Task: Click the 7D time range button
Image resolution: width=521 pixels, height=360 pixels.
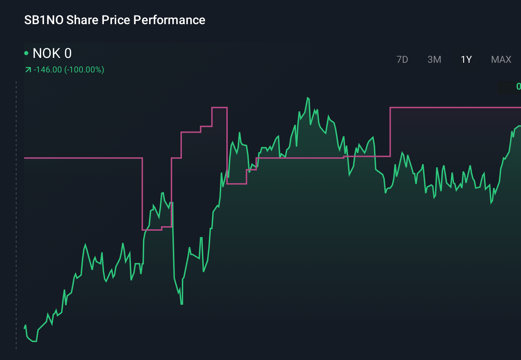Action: click(402, 60)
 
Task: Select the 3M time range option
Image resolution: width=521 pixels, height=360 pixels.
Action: click(434, 60)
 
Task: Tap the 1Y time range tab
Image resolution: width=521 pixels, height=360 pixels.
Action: click(466, 60)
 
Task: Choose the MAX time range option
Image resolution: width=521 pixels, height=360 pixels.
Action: click(501, 60)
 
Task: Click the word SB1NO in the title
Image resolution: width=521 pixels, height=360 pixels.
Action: click(44, 20)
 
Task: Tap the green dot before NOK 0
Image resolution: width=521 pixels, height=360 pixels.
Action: click(26, 53)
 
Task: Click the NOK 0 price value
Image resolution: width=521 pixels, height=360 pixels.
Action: click(52, 53)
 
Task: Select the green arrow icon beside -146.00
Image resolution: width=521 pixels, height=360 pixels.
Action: click(28, 70)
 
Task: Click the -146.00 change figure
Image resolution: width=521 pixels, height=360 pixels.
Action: click(48, 70)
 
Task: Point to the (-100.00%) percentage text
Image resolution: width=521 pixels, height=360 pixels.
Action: click(84, 70)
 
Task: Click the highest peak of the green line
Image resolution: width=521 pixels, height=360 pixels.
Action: click(308, 98)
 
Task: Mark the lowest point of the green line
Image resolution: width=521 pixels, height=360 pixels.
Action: click(34, 341)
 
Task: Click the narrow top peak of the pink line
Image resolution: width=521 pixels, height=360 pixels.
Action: click(219, 108)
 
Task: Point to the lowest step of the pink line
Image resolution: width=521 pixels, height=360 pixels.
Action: click(152, 230)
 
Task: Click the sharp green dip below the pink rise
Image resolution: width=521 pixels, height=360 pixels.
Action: click(181, 303)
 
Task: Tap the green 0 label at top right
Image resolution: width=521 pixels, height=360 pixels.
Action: click(518, 86)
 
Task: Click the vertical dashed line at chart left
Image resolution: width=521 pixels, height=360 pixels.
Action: click(16, 214)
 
